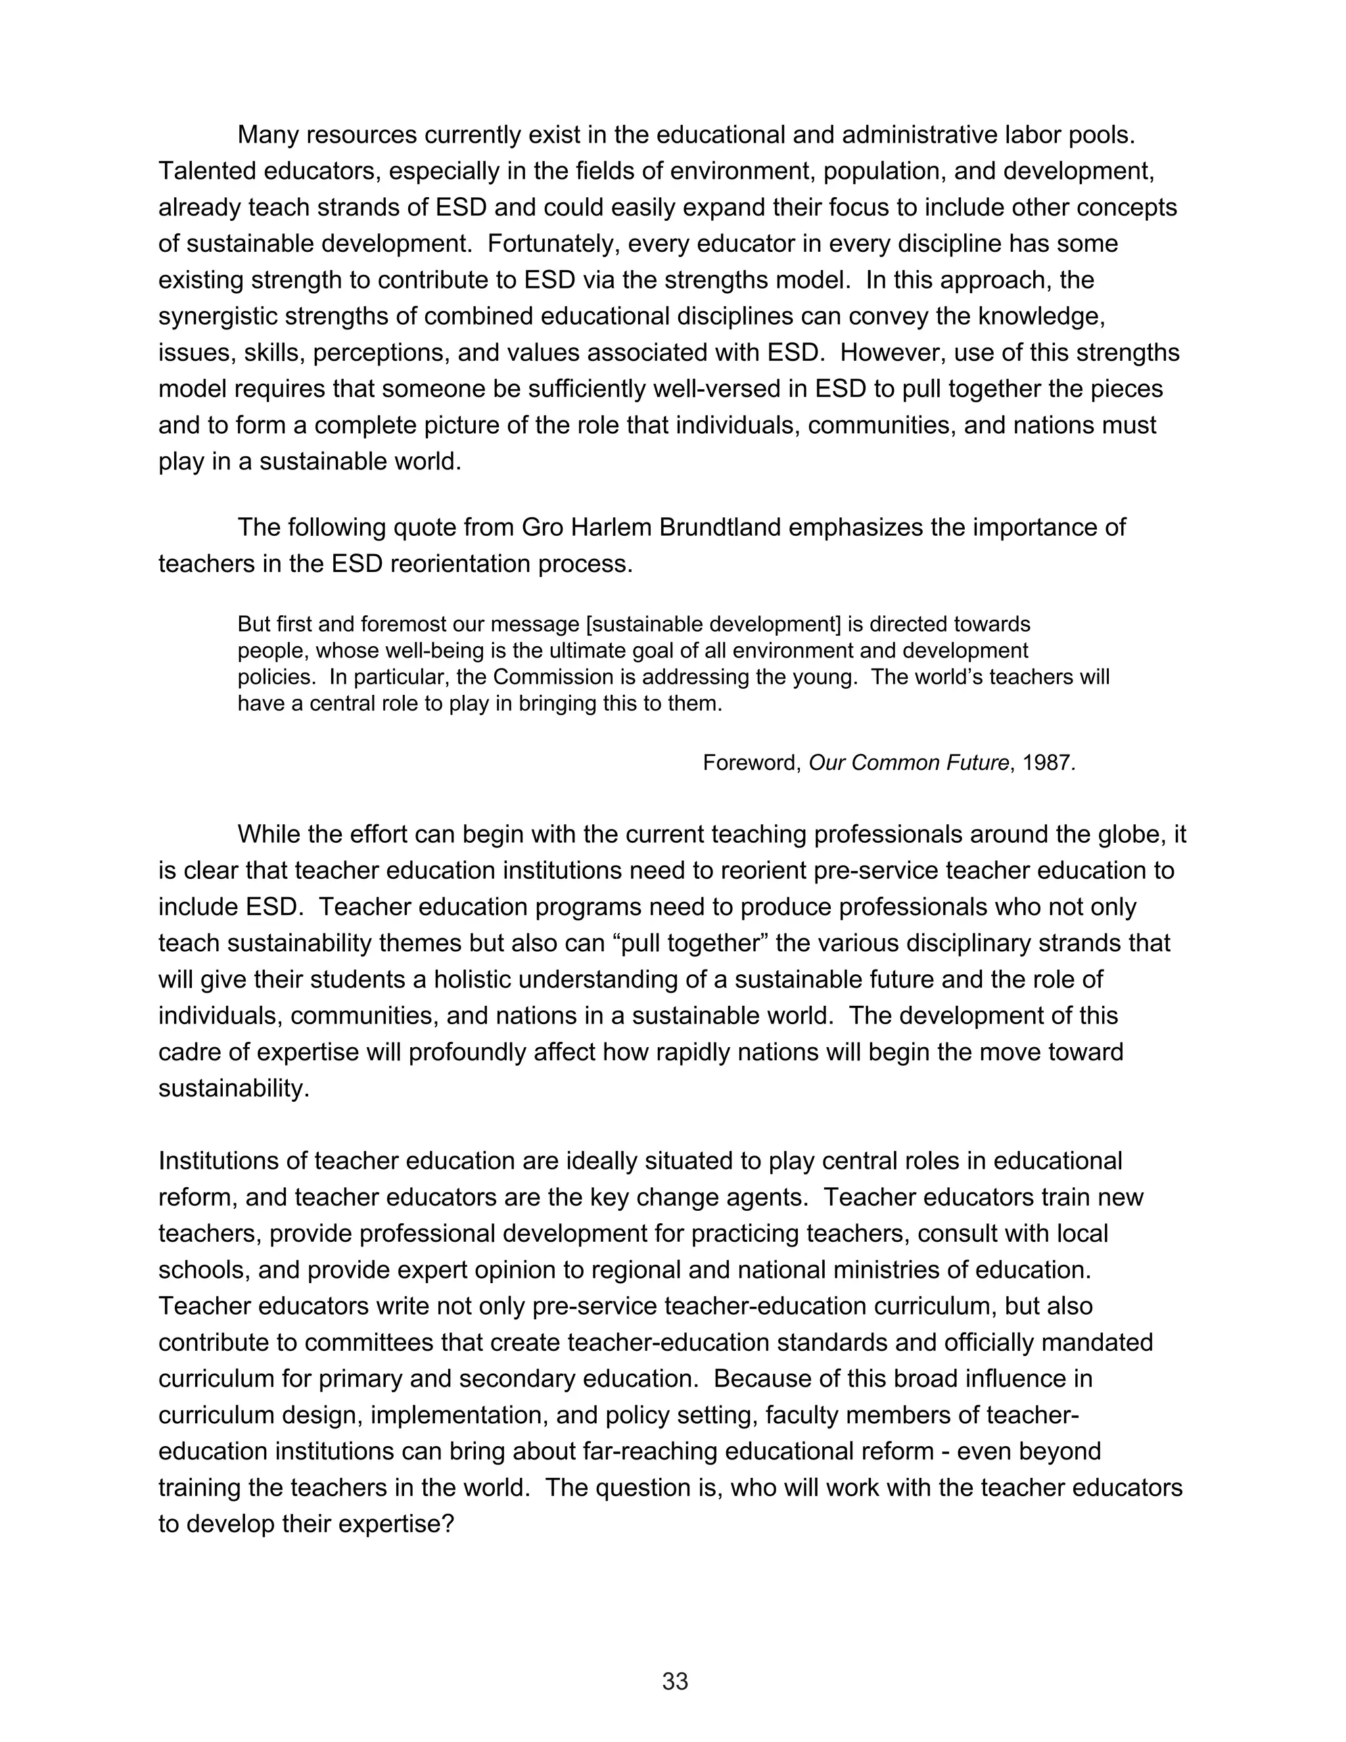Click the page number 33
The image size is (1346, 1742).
point(674,1681)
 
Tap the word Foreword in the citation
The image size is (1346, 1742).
point(751,763)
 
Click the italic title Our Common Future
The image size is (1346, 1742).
point(909,763)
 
